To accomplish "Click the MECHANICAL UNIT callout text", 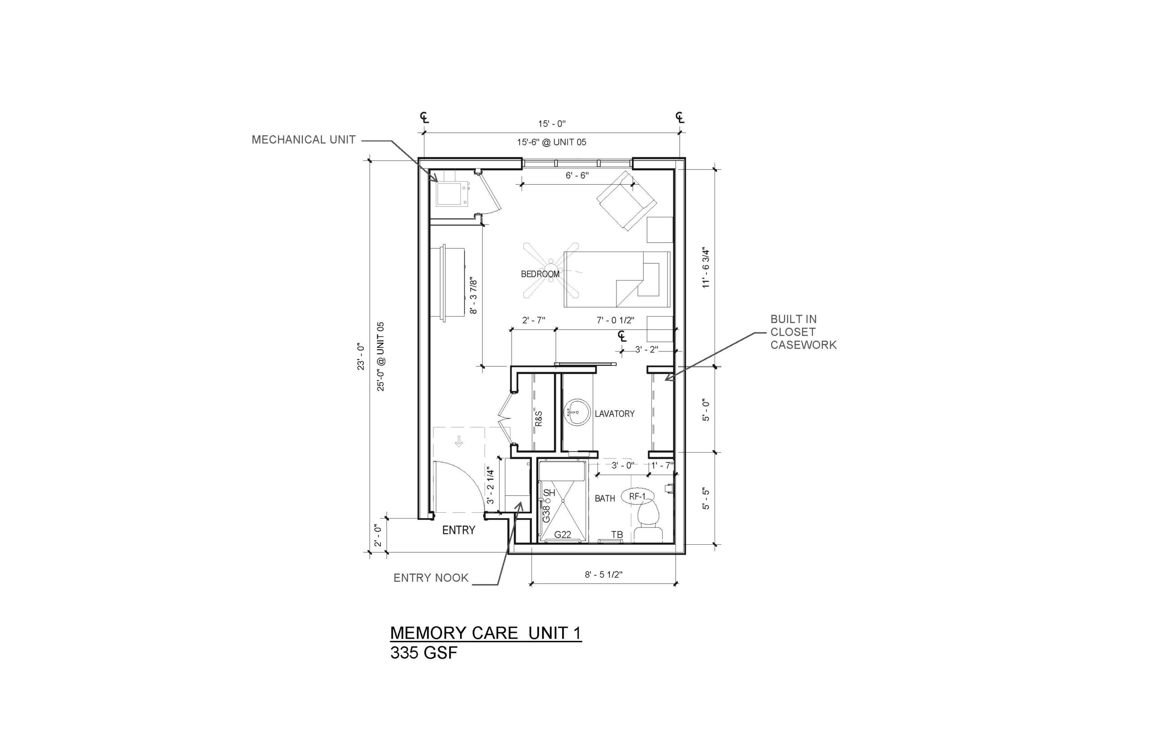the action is coord(303,140).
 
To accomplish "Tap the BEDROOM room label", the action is coord(540,274).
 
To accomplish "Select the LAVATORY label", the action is coord(614,414).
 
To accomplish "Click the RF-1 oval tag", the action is coord(637,496).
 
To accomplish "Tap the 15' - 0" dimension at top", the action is coord(551,124).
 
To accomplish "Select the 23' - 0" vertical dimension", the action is coord(361,356).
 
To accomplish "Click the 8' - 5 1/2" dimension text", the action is coord(603,575).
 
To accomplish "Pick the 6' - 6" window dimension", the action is coord(577,175).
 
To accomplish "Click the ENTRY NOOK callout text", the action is coord(431,578).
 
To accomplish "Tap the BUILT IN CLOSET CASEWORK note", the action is coord(803,332).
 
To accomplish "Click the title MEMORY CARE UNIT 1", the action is coord(485,633).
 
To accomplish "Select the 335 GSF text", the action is coord(424,653).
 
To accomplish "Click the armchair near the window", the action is coord(627,200).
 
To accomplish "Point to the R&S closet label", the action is coord(538,419).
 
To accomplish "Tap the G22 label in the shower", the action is coord(562,534).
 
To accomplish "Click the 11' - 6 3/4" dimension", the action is coord(706,269).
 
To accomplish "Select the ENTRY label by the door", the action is coord(458,530).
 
